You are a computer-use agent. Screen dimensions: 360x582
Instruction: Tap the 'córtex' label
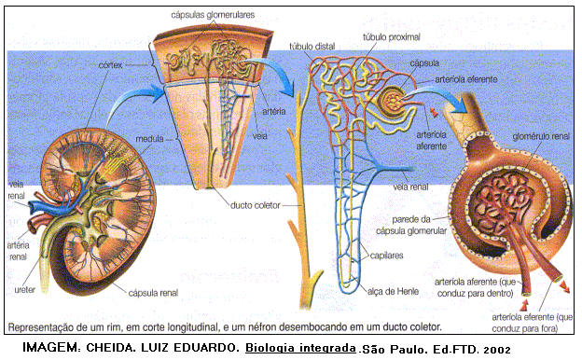click(x=112, y=65)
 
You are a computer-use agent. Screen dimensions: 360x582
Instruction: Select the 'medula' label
click(x=150, y=139)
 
